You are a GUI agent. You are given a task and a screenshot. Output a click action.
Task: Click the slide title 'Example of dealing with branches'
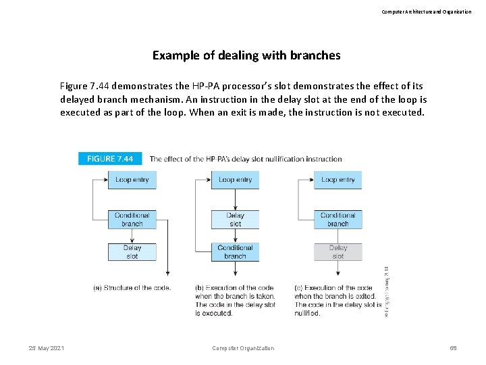pyautogui.click(x=246, y=55)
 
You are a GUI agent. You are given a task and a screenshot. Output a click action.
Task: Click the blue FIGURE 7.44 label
pyautogui.click(x=110, y=159)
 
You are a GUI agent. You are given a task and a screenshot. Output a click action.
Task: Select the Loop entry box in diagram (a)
pyautogui.click(x=132, y=180)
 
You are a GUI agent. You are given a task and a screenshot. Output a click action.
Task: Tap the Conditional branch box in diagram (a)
pyautogui.click(x=132, y=219)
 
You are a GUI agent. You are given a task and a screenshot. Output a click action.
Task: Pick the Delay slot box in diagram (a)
pyautogui.click(x=132, y=252)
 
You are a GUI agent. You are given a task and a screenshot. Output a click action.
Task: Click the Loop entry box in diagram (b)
pyautogui.click(x=235, y=180)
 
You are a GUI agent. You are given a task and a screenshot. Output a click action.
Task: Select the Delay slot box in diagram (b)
pyautogui.click(x=235, y=219)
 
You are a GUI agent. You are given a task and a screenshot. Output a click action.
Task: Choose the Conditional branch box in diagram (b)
pyautogui.click(x=235, y=252)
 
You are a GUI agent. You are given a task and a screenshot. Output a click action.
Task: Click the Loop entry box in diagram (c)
pyautogui.click(x=337, y=180)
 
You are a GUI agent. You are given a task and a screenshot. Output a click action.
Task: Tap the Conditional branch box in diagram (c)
pyautogui.click(x=337, y=219)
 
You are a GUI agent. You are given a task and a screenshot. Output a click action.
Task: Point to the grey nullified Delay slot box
pyautogui.click(x=337, y=252)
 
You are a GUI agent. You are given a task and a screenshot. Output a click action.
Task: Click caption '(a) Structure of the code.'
pyautogui.click(x=132, y=288)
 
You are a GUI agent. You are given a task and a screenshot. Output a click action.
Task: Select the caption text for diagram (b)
pyautogui.click(x=235, y=300)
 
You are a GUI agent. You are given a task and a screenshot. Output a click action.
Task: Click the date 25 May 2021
pyautogui.click(x=47, y=348)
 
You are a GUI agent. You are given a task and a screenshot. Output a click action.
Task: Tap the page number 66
pyautogui.click(x=454, y=348)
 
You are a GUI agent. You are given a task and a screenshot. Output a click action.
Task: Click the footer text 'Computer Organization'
pyautogui.click(x=243, y=348)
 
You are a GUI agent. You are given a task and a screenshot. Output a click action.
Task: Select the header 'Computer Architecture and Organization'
pyautogui.click(x=426, y=11)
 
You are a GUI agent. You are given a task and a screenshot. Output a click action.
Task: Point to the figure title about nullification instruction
pyautogui.click(x=246, y=159)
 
